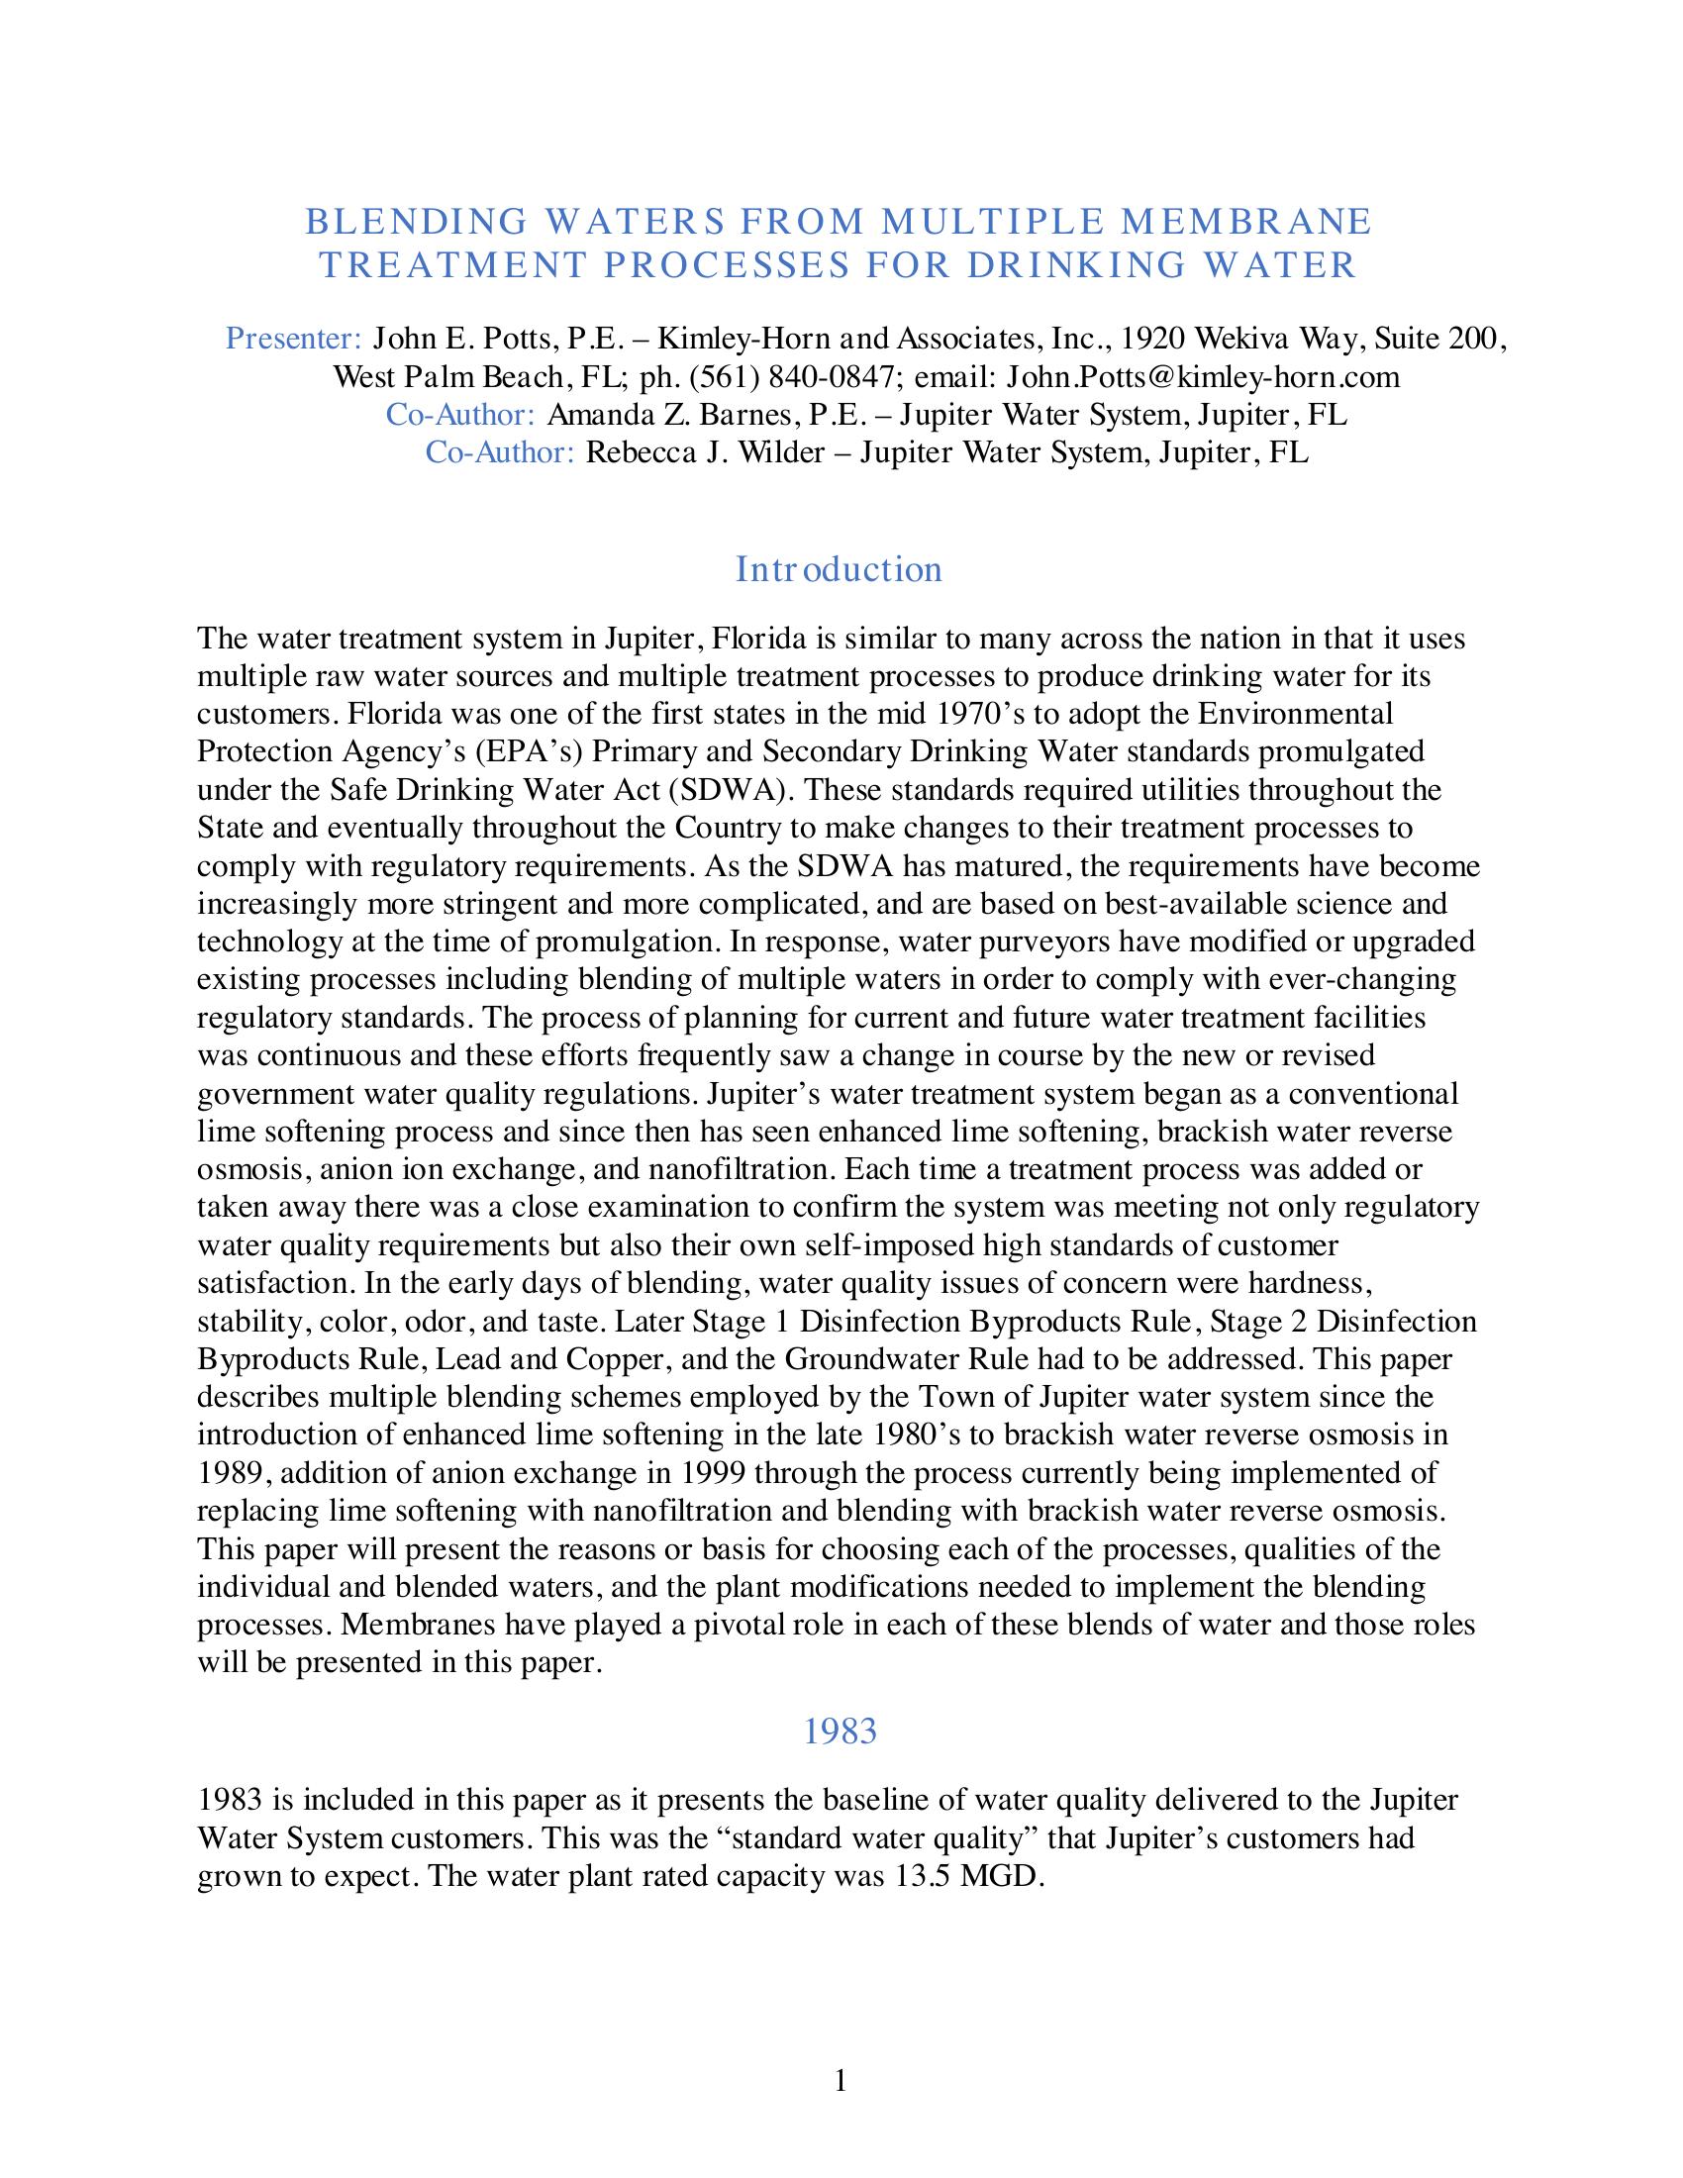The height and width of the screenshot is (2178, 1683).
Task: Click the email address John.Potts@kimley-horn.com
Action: point(1203,377)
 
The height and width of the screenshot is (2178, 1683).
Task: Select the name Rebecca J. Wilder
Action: point(705,452)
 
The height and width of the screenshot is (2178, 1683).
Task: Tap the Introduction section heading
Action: point(839,569)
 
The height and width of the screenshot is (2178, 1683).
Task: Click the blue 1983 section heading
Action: point(840,1732)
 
